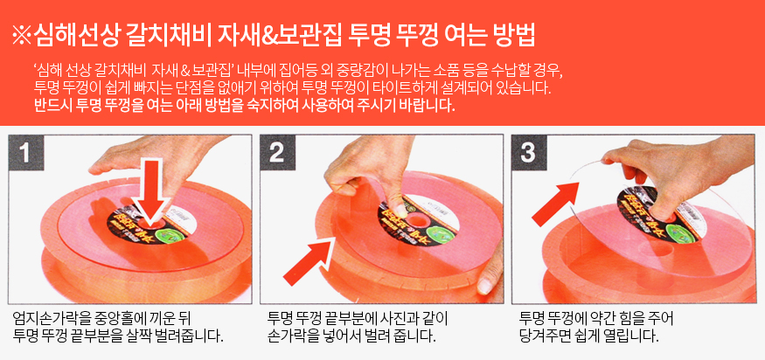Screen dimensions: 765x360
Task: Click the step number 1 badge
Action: (26, 153)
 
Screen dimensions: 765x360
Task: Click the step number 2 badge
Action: (277, 153)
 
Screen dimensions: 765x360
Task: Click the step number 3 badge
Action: (529, 153)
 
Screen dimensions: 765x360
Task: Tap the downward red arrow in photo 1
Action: (152, 194)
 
